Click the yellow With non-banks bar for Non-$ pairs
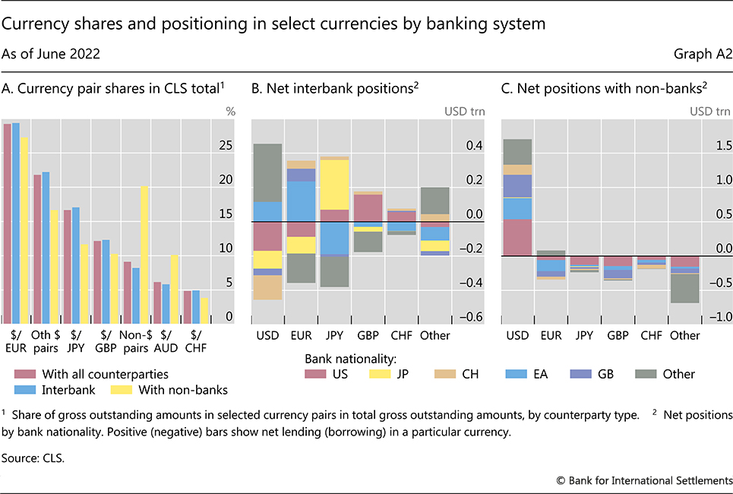tap(144, 255)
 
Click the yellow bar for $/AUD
tap(174, 289)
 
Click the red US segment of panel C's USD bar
tap(517, 237)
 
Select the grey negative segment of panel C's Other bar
tap(684, 288)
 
